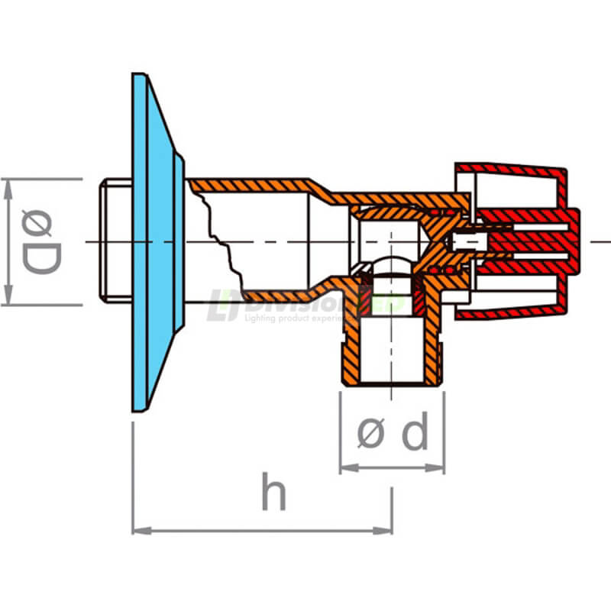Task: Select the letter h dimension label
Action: [273, 493]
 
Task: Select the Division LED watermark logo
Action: [305, 305]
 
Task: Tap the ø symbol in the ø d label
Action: [370, 435]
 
